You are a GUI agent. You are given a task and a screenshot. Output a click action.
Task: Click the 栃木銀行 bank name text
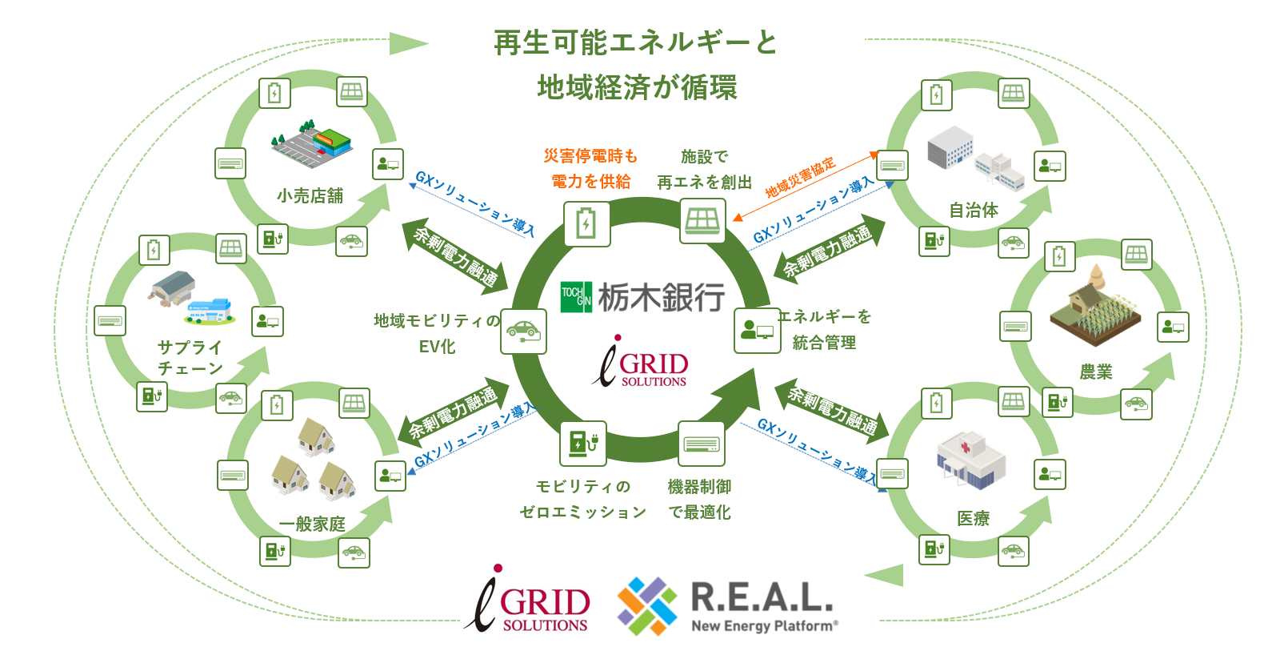(x=661, y=298)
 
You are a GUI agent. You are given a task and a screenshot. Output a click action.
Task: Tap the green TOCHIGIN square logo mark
(x=576, y=297)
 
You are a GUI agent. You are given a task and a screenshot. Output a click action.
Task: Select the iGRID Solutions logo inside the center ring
(x=643, y=364)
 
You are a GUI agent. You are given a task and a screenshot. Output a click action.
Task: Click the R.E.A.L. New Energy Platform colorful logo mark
(x=647, y=605)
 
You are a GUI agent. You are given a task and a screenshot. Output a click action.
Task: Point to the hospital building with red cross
(x=970, y=460)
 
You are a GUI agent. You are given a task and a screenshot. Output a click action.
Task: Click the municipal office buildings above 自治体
(x=974, y=157)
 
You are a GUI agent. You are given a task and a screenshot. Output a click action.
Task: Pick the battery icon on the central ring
(x=586, y=223)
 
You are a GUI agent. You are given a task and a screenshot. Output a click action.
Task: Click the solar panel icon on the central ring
(x=702, y=219)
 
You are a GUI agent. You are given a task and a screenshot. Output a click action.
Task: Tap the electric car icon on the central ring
(x=523, y=331)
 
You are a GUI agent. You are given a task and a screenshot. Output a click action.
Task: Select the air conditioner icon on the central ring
(x=702, y=444)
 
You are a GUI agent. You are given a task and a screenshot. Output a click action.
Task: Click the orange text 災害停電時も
(x=590, y=156)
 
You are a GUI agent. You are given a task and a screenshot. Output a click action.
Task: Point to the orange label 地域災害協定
(x=800, y=177)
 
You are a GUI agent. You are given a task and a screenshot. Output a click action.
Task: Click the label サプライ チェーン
(x=190, y=358)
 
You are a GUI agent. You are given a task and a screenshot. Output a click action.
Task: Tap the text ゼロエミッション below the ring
(x=582, y=512)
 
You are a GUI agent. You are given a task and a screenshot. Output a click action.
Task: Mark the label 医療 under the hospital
(x=974, y=519)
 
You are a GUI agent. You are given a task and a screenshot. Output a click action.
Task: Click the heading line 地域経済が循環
(x=637, y=87)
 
